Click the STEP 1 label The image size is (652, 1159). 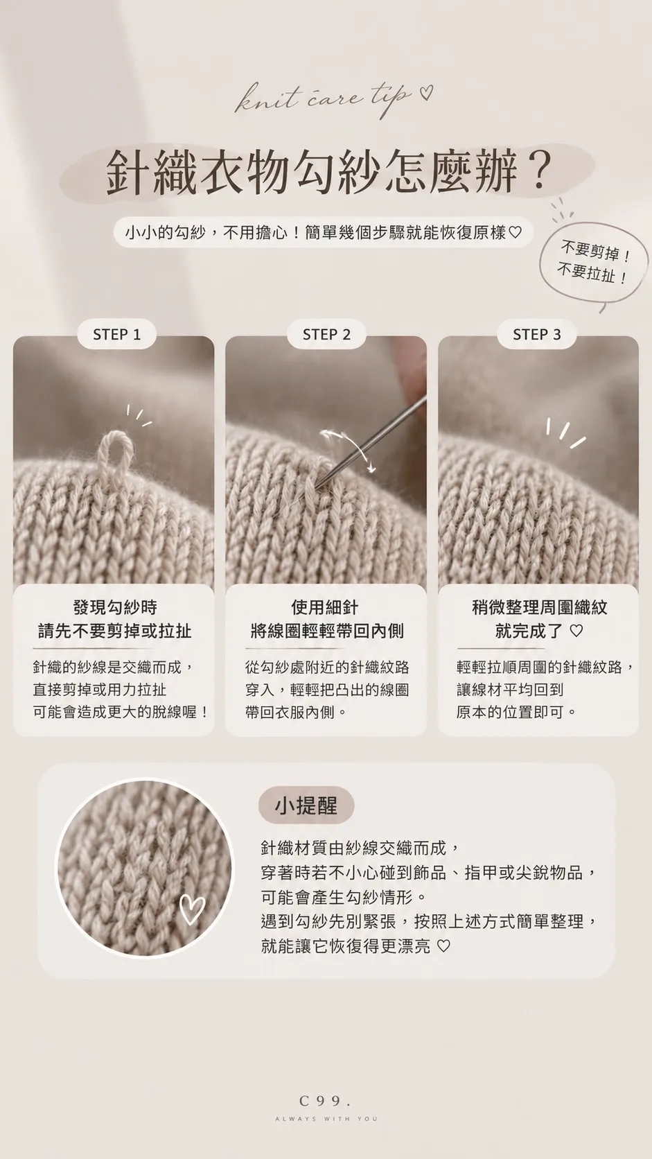click(117, 334)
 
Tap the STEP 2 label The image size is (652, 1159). click(327, 334)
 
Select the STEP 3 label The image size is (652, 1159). click(537, 334)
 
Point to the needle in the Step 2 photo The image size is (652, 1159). click(371, 442)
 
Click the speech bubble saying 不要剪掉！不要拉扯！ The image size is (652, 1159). click(593, 266)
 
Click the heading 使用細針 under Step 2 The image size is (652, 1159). click(325, 607)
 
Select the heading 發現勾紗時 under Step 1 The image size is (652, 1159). click(115, 607)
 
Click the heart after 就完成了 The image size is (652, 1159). click(576, 631)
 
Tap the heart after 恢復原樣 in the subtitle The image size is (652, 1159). click(515, 233)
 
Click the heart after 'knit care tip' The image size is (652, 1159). click(426, 93)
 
